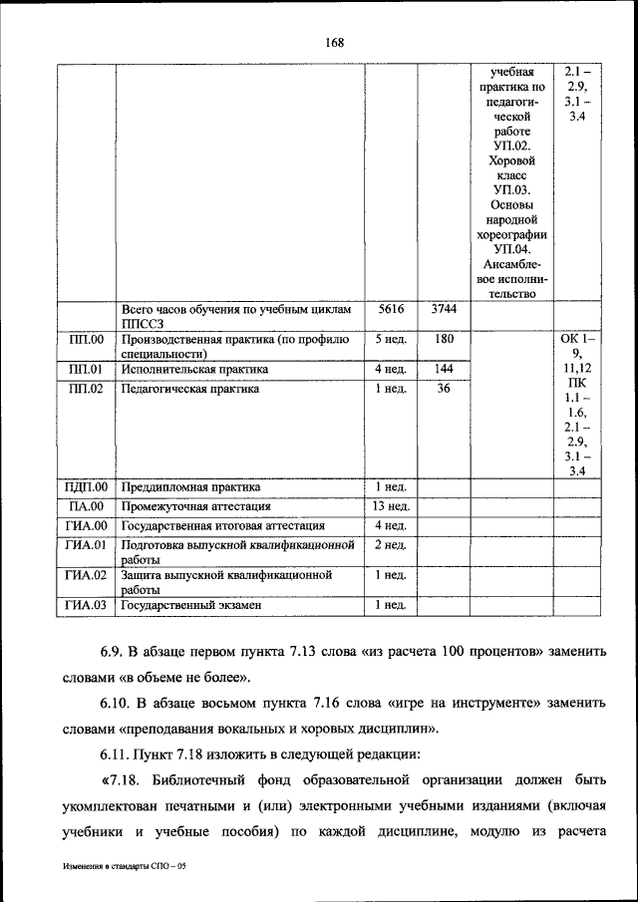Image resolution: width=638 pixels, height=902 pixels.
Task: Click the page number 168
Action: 334,42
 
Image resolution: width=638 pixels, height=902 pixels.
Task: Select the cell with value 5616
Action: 390,310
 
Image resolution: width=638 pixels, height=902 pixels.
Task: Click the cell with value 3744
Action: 443,310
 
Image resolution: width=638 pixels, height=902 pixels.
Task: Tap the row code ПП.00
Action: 86,340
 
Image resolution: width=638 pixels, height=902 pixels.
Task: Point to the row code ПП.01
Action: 86,369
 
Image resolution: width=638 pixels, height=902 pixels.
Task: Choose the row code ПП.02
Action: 86,389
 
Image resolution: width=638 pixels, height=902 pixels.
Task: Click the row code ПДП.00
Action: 86,487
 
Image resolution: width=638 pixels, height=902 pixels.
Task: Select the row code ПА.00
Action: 86,506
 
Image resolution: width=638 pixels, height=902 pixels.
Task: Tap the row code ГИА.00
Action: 86,526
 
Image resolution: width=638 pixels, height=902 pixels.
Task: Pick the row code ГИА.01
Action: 86,545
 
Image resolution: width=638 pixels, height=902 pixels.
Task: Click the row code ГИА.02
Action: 86,575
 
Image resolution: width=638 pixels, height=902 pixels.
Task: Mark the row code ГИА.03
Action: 86,605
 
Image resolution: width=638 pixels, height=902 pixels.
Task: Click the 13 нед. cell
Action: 390,506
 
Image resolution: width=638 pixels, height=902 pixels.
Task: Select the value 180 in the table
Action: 443,340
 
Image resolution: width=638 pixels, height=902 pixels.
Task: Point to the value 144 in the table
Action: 443,369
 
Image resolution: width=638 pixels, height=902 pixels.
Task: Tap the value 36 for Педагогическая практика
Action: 443,389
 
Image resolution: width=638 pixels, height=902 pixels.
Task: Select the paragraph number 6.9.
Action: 112,651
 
